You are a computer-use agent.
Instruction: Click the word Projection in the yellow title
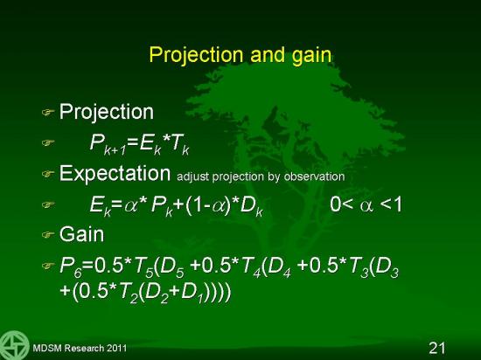196,55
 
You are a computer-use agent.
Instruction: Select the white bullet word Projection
106,112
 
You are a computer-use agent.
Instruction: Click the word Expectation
115,173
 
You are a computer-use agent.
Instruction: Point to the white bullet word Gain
81,234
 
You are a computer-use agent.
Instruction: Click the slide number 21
436,348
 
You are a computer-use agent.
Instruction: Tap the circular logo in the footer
14,345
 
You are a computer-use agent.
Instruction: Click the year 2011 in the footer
116,349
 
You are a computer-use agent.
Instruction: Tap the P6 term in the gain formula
71,267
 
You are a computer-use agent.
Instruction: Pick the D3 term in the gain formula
387,267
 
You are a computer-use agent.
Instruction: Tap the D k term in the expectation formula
252,207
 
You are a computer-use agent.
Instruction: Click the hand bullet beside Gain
48,235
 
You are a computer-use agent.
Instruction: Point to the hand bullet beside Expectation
48,174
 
